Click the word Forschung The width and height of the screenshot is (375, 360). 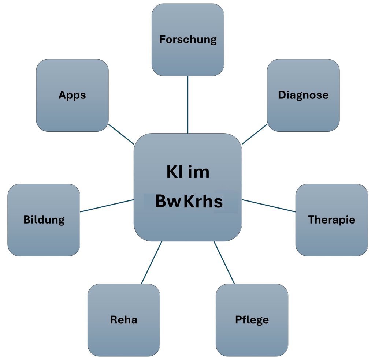(x=188, y=40)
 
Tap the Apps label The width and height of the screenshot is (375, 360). (x=72, y=95)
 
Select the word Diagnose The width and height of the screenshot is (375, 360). (x=303, y=95)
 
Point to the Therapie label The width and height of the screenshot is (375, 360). (x=331, y=220)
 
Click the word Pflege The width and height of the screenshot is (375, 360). (x=252, y=320)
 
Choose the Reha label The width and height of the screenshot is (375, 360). (x=124, y=320)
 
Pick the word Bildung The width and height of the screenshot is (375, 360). (x=44, y=220)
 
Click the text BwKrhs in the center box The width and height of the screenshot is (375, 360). (x=189, y=201)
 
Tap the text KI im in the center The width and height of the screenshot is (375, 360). (x=188, y=172)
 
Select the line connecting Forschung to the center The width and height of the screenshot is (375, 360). (x=187, y=105)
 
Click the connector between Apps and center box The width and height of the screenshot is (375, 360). (x=121, y=134)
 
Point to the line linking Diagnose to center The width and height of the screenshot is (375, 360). (x=255, y=134)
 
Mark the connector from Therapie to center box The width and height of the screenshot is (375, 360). (x=269, y=206)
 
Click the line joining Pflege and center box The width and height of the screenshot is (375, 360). (x=224, y=262)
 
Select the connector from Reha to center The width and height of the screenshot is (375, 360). (x=152, y=262)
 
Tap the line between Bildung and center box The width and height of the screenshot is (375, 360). (x=107, y=206)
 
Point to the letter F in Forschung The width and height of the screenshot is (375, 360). (x=162, y=39)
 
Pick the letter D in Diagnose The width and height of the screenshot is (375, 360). (x=281, y=95)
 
